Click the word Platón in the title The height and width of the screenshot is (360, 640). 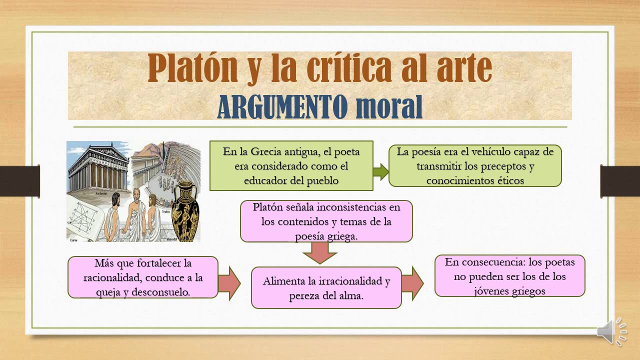tap(192, 68)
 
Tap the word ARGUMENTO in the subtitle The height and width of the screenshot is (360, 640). tap(282, 106)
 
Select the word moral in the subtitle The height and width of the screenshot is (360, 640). tap(388, 106)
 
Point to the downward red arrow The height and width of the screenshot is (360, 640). tap(320, 252)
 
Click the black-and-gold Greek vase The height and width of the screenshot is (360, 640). tap(185, 213)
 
